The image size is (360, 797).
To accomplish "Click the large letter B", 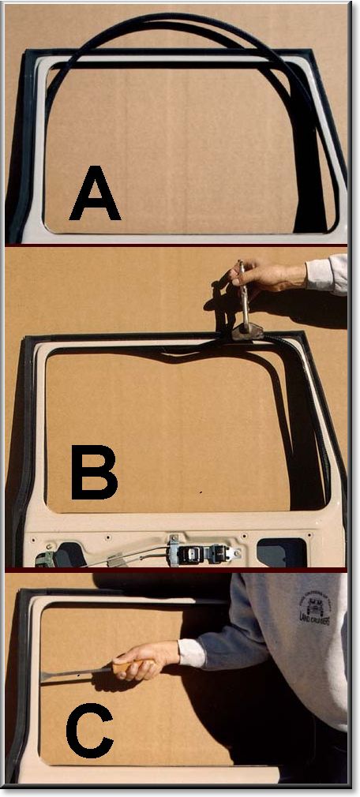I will click(x=94, y=473).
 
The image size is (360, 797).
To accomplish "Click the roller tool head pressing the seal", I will click(x=246, y=331).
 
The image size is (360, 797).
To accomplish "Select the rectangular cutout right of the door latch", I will click(x=281, y=552).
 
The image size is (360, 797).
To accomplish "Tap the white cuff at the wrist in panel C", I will click(x=190, y=652).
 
